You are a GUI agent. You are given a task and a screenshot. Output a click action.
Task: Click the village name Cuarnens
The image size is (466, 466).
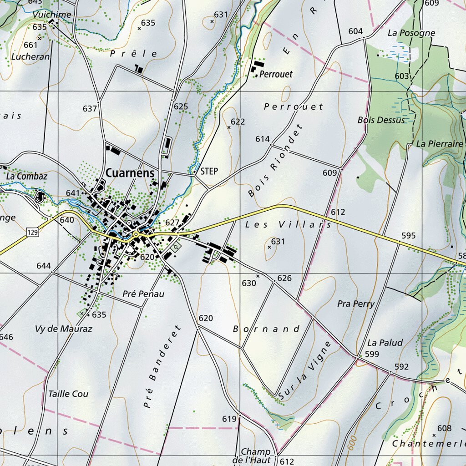click(x=130, y=173)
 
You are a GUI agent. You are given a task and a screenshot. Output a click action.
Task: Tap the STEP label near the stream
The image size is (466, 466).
click(x=209, y=172)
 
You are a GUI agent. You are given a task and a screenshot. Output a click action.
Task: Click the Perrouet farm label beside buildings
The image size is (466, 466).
click(x=276, y=74)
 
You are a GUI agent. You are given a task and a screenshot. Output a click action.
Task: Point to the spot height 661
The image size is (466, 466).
click(x=30, y=45)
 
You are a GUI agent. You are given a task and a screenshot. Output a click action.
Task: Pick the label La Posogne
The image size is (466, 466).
click(x=411, y=33)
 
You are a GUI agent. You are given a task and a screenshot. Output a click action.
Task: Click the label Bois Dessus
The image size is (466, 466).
click(x=381, y=120)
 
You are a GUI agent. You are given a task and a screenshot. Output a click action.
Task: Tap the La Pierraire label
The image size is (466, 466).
click(x=440, y=144)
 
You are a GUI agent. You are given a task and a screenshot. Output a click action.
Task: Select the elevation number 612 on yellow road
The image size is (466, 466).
click(x=338, y=212)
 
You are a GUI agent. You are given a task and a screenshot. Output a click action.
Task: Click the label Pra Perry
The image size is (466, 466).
click(x=356, y=304)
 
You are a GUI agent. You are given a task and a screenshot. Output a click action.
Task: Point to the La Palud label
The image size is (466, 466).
click(x=385, y=343)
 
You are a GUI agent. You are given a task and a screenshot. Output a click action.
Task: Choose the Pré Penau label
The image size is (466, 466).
click(x=143, y=294)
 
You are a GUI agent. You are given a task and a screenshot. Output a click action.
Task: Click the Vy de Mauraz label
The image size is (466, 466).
click(x=64, y=329)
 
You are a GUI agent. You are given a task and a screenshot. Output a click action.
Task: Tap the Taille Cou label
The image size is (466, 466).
click(x=68, y=394)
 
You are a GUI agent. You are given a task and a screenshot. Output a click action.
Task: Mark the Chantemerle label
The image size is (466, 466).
click(x=429, y=443)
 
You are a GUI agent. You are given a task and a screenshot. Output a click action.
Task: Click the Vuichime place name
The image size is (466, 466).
click(x=52, y=15)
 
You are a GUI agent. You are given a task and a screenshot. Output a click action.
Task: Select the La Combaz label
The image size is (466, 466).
click(x=27, y=176)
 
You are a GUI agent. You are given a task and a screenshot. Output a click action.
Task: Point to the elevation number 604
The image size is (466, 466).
click(x=355, y=31)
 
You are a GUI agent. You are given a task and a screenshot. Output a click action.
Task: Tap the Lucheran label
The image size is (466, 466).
click(x=30, y=57)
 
